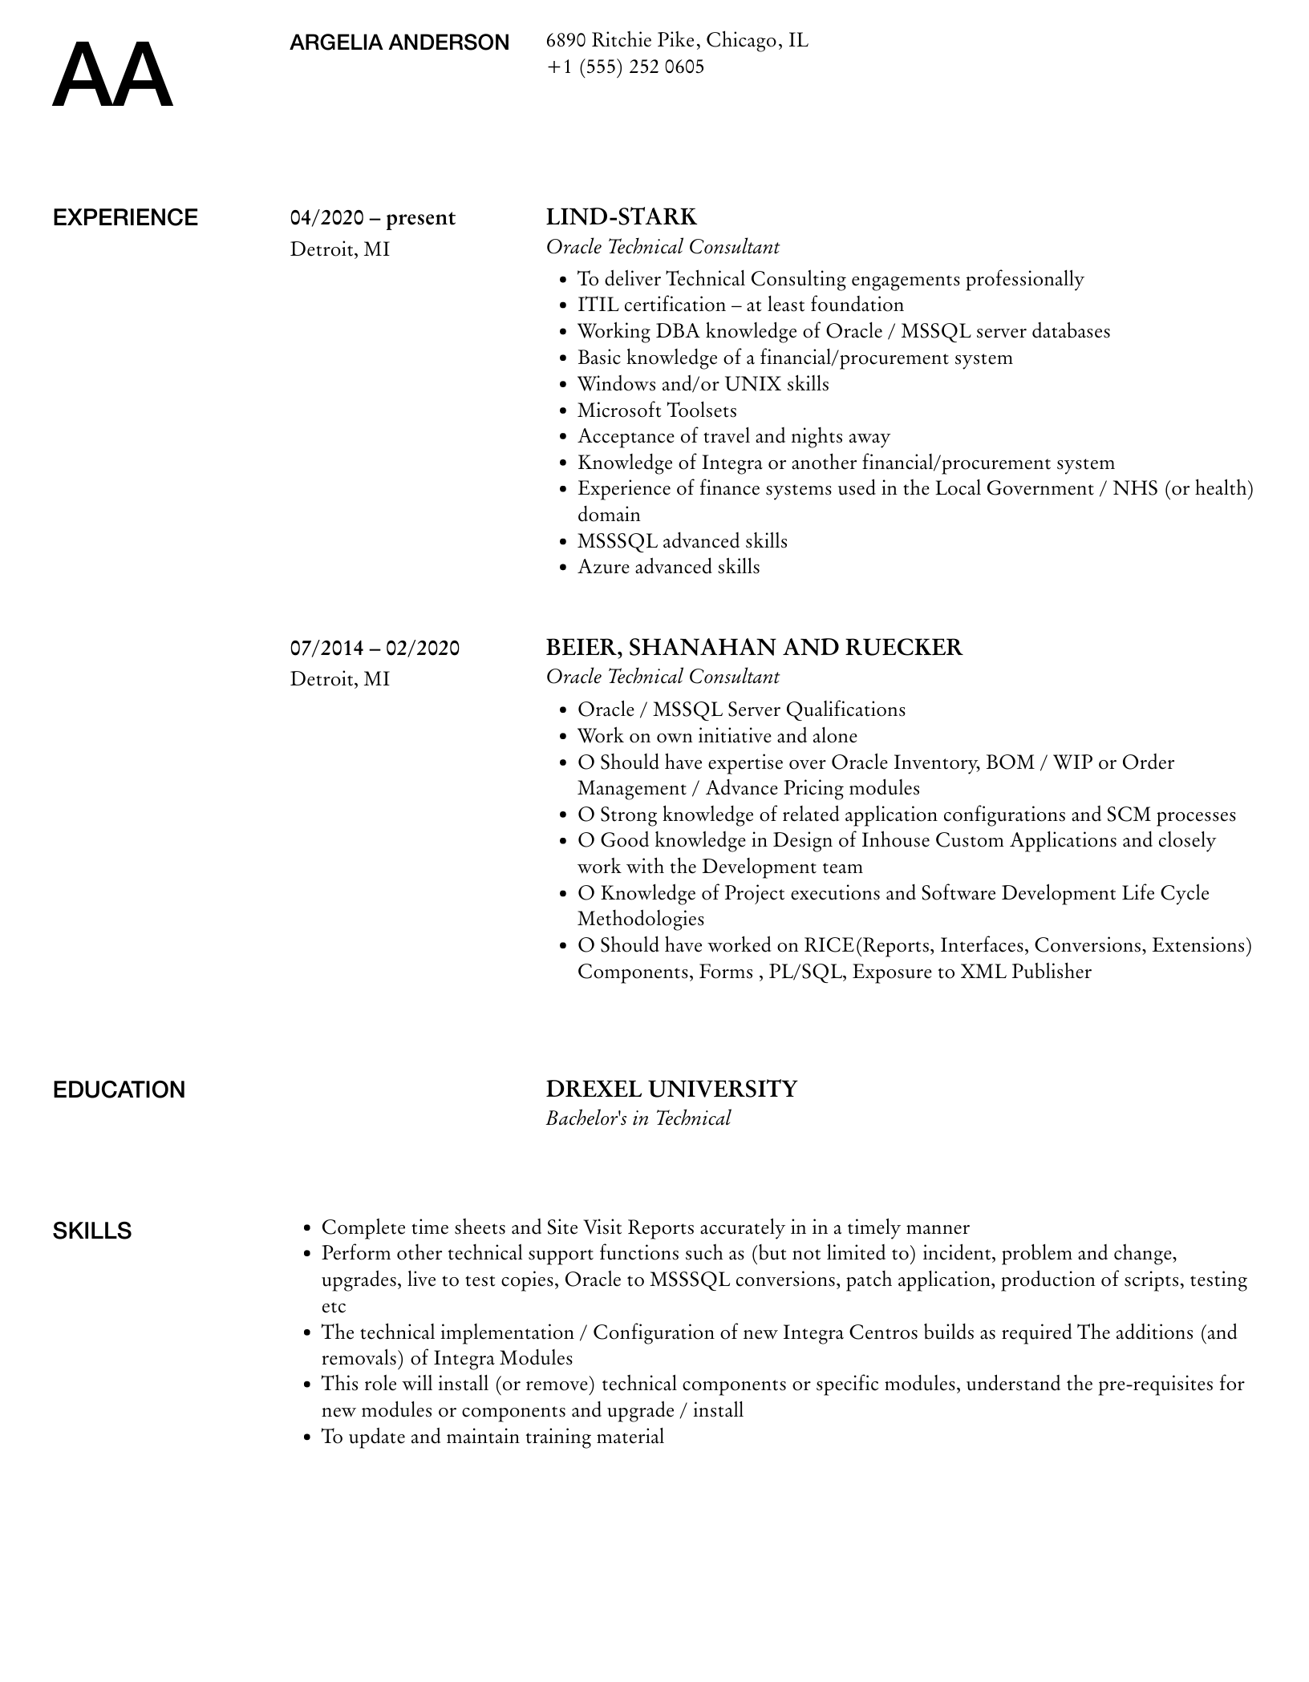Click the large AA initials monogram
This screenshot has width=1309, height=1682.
112,75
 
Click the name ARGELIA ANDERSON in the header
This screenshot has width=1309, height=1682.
399,42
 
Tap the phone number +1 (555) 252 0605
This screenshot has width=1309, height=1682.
625,67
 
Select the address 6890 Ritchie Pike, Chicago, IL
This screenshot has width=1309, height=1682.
677,40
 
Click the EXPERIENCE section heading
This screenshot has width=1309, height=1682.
125,218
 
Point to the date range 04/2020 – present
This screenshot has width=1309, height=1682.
372,218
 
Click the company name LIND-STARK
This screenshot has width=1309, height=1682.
621,217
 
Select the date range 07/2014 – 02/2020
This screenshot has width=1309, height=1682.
375,648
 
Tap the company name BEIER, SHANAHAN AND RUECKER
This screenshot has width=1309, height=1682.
753,647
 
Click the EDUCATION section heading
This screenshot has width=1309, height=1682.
119,1090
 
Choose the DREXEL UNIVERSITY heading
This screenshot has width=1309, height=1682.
671,1089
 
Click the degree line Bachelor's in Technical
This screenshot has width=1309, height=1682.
638,1118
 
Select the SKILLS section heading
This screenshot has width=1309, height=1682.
92,1231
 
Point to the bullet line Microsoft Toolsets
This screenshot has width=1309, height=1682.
656,410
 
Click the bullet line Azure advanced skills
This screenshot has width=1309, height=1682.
668,567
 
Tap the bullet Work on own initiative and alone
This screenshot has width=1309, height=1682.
717,736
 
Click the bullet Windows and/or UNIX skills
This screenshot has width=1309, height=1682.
703,384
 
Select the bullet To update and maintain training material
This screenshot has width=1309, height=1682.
492,1436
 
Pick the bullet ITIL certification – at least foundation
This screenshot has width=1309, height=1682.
740,305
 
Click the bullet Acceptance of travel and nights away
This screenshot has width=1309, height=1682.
733,436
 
